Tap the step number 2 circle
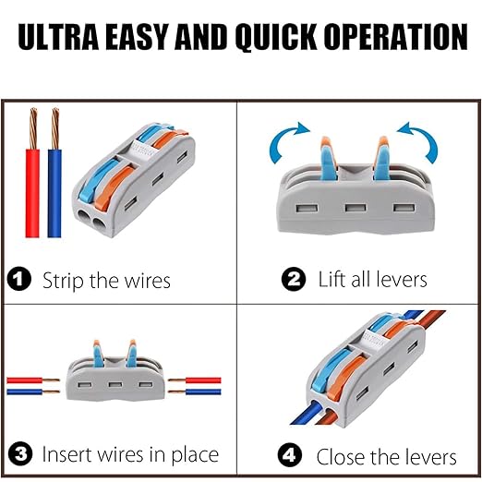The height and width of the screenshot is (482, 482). coord(295,278)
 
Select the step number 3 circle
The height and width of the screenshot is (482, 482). coord(19,454)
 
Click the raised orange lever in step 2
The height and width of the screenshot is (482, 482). coord(379,153)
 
